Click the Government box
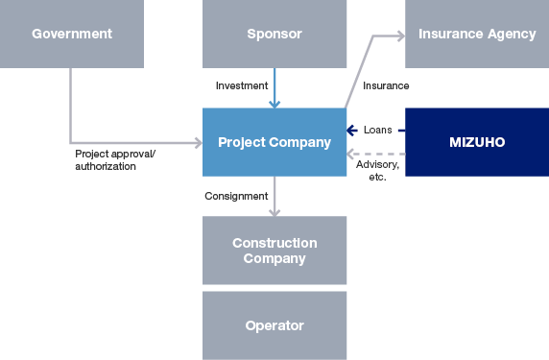72,34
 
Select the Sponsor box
274,34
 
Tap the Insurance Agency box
477,34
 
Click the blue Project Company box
274,142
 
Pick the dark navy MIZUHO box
477,142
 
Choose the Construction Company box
274,251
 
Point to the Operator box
274,325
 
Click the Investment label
241,86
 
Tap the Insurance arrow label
386,86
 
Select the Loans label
378,130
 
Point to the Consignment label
236,196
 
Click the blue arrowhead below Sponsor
275,103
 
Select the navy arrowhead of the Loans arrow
351,130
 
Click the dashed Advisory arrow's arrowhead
351,154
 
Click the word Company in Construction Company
274,258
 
